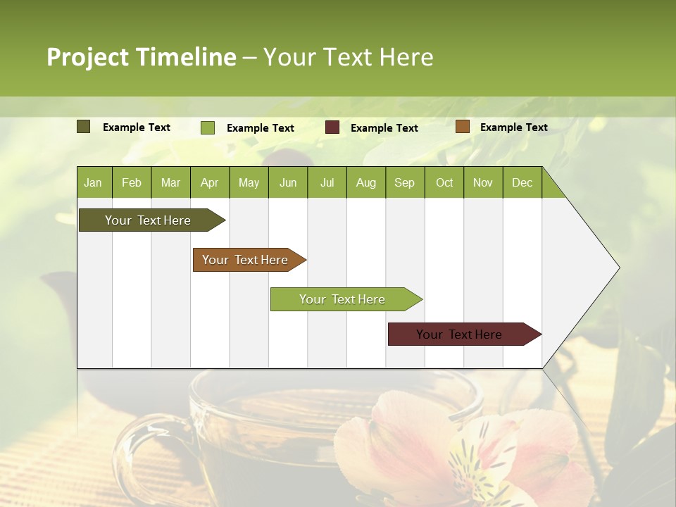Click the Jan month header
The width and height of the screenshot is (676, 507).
93,182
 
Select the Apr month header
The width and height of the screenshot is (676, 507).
209,182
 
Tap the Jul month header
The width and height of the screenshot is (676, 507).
327,182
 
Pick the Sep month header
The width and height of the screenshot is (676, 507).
404,182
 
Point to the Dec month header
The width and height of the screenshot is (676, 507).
522,182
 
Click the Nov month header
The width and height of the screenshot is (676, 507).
482,182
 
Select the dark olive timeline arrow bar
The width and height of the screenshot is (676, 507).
148,220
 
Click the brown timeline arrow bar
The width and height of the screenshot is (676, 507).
245,260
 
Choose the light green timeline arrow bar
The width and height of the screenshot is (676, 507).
342,299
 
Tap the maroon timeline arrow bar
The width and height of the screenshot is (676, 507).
459,334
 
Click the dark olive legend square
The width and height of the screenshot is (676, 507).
84,127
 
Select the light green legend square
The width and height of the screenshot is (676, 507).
208,127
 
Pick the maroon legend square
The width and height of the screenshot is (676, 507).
332,127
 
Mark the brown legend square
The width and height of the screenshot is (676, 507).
463,127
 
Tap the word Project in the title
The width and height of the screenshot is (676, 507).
88,57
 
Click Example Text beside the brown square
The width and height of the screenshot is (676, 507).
513,127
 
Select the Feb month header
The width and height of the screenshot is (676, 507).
132,182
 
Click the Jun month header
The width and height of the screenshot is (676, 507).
287,182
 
